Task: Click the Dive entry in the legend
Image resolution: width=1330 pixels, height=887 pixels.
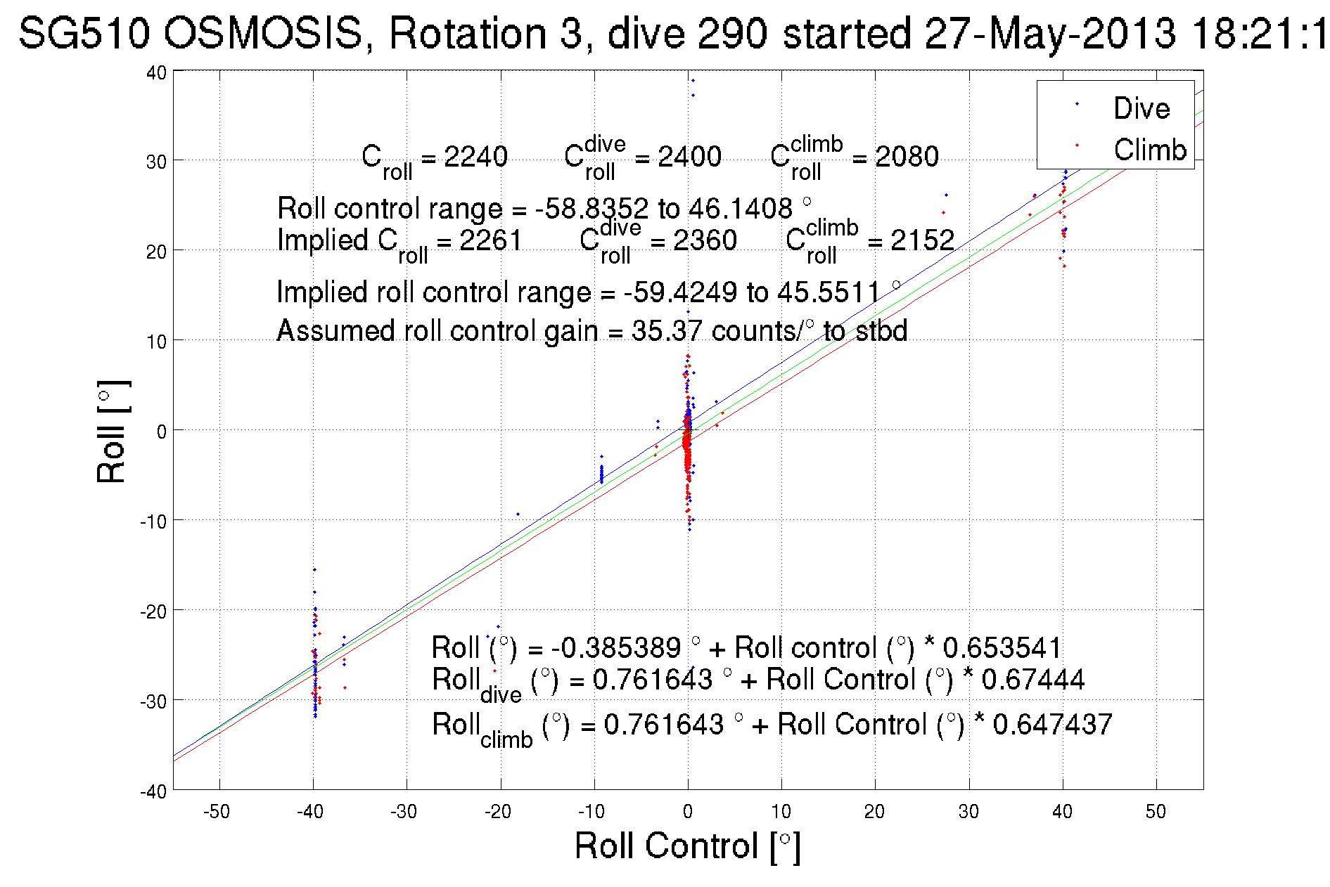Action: [x=1141, y=108]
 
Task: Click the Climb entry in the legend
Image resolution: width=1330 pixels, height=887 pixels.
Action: [x=1149, y=150]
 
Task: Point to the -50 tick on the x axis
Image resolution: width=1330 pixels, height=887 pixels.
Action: [x=217, y=812]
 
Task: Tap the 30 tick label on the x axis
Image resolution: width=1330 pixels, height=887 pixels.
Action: [x=968, y=812]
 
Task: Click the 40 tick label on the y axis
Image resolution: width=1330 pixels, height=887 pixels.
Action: [x=156, y=72]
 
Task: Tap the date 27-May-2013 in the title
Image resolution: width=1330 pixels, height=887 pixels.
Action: [x=1050, y=33]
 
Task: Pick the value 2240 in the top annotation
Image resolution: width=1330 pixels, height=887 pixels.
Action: [x=475, y=156]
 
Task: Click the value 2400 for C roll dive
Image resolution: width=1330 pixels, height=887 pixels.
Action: [x=689, y=156]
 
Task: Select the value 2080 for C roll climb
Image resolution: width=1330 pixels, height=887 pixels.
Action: [x=907, y=156]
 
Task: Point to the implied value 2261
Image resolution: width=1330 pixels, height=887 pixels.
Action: [x=490, y=240]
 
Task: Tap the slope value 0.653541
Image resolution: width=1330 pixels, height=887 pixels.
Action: [x=1002, y=647]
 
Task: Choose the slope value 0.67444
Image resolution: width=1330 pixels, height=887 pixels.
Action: [x=1032, y=680]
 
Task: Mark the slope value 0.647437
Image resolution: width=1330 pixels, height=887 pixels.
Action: [x=1052, y=725]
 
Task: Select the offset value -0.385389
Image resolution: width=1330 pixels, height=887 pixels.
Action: [x=615, y=647]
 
